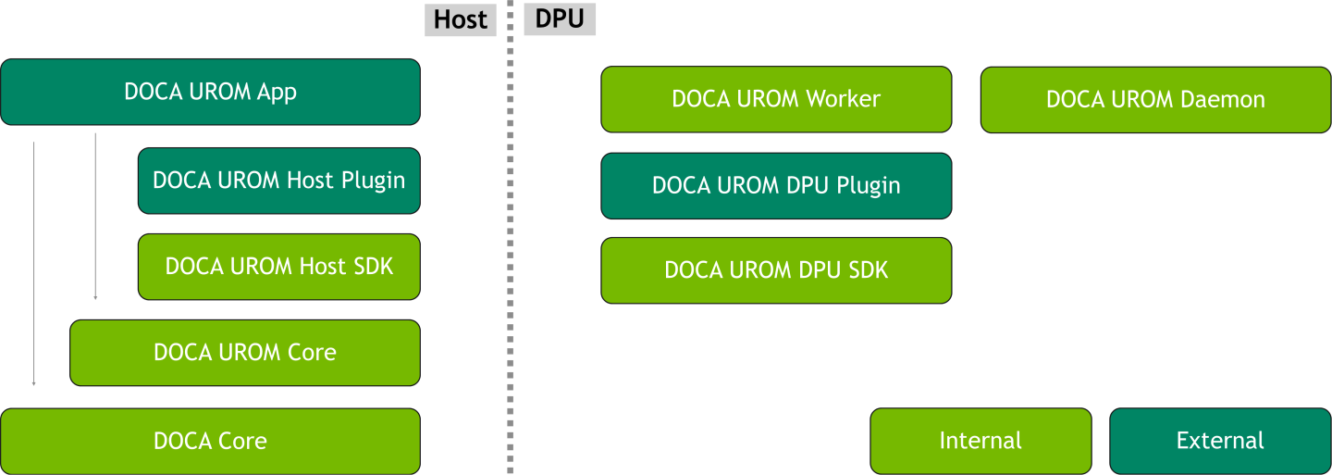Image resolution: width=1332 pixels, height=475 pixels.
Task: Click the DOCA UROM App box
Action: [210, 92]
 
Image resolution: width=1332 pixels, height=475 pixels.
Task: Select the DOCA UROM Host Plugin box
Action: [278, 180]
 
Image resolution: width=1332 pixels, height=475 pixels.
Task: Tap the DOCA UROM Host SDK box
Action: [278, 267]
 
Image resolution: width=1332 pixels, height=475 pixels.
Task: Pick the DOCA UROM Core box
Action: [245, 353]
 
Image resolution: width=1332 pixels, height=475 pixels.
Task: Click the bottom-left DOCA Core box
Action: [210, 442]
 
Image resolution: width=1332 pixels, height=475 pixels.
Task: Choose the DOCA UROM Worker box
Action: [776, 99]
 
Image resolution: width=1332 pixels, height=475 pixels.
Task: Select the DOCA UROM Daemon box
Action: [1155, 99]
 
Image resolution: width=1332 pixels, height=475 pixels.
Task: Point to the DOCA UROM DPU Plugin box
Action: [776, 185]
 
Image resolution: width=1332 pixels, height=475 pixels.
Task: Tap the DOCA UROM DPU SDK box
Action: [776, 270]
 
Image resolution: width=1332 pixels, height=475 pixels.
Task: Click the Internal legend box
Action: [980, 441]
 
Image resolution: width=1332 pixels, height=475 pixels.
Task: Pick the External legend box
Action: [1220, 441]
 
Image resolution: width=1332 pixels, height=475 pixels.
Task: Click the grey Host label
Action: [460, 19]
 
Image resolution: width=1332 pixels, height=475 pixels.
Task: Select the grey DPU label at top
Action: [560, 19]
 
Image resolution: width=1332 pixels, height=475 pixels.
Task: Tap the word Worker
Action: [843, 99]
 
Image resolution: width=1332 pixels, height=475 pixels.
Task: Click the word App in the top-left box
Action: [277, 92]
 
